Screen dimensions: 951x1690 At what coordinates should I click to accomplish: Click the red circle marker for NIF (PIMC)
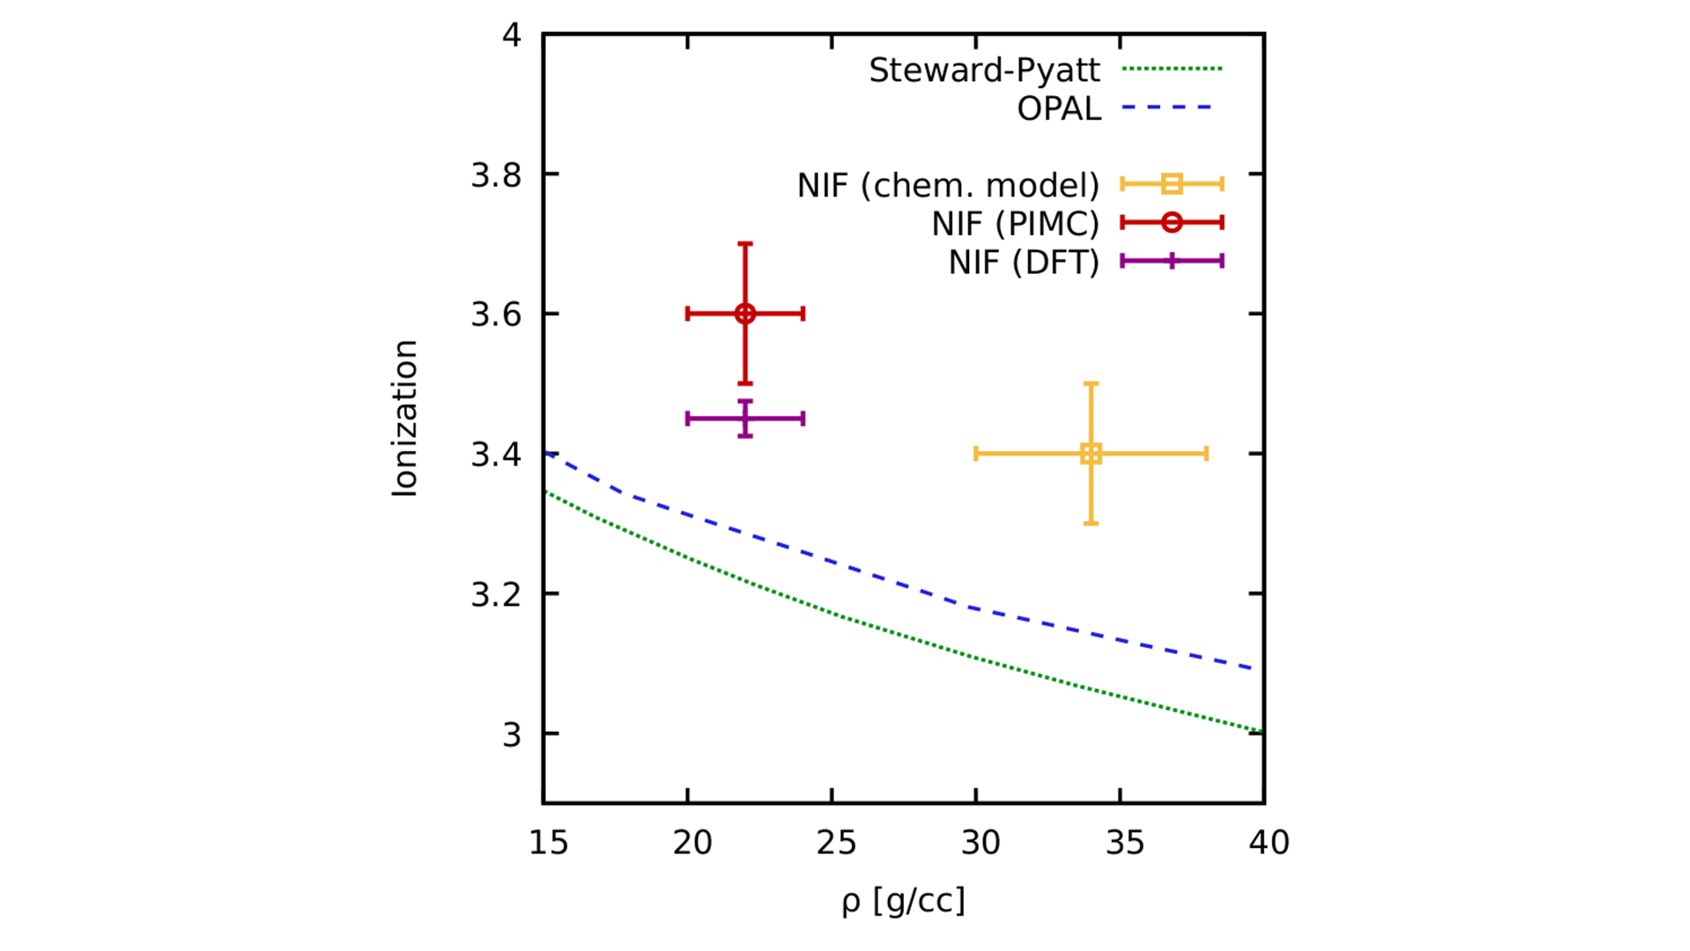tap(745, 313)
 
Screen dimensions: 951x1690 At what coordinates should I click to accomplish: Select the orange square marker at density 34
tap(1091, 453)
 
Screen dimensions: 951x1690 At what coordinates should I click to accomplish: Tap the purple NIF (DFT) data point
tap(745, 418)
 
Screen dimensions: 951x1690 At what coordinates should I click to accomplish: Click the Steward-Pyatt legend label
tap(984, 70)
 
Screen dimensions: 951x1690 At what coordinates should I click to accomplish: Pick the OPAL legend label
tap(1059, 109)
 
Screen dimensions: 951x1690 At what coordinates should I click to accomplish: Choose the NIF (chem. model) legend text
tap(948, 186)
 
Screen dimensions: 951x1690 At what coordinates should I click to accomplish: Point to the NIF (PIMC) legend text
tap(1015, 225)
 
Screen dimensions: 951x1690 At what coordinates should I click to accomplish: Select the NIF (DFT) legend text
tap(1024, 262)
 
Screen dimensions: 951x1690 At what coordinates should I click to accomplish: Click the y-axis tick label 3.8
tap(496, 175)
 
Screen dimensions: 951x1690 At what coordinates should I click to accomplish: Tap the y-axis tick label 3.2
tap(496, 595)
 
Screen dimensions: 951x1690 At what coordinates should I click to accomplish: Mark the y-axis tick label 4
tap(511, 35)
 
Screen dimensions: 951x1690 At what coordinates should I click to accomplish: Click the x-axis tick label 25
tap(836, 843)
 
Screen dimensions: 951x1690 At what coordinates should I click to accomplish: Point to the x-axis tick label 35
tap(1124, 843)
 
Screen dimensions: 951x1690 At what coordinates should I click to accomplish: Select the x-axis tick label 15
tap(548, 843)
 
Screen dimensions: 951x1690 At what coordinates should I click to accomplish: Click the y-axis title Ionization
tap(404, 418)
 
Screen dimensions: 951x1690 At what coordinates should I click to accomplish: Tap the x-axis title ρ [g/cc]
tap(903, 901)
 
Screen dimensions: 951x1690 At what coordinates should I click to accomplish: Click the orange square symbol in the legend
tap(1172, 184)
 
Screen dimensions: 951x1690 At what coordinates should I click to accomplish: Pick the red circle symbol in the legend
tap(1172, 223)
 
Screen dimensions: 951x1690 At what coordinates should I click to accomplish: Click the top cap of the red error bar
tap(745, 244)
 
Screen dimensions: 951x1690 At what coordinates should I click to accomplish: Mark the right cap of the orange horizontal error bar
tap(1206, 453)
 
